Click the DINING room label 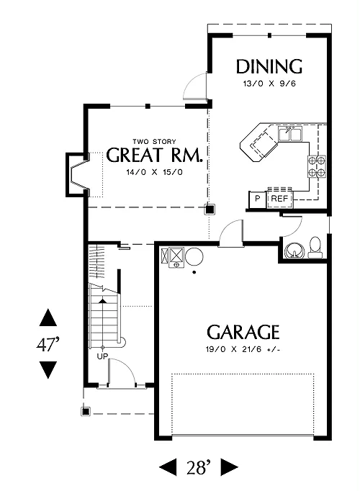click(269, 66)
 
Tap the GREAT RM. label click(154, 155)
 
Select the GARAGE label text click(243, 332)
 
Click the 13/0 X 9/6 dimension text click(269, 84)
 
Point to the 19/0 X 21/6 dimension click(243, 349)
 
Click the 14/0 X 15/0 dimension click(154, 172)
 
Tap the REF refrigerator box click(279, 199)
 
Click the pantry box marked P click(257, 199)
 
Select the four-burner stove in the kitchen click(317, 166)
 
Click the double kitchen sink click(290, 134)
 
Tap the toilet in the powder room click(315, 248)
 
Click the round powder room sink click(294, 251)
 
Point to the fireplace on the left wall click(77, 175)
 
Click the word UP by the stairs click(102, 356)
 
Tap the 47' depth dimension click(48, 344)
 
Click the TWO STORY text click(154, 142)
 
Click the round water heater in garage click(194, 256)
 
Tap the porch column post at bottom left click(86, 411)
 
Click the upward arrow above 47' click(48, 317)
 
